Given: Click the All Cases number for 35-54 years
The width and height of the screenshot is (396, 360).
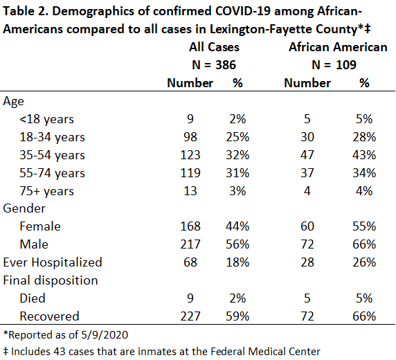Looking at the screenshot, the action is (190, 155).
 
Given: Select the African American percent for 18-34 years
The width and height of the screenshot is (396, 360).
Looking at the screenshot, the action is (364, 137).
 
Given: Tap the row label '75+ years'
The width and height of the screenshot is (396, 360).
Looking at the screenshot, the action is (46, 191).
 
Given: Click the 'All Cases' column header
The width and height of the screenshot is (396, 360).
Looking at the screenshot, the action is (214, 47).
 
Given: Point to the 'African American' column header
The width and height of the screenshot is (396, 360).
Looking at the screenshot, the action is (338, 47).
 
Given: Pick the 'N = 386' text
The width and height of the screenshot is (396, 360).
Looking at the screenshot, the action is (214, 65).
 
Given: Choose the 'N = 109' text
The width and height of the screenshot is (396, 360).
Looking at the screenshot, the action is (334, 65).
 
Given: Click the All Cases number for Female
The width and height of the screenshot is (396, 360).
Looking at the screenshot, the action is (190, 226).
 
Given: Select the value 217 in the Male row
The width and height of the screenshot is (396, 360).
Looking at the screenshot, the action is (190, 244).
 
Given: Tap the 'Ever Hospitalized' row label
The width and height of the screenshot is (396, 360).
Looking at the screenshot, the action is (53, 262).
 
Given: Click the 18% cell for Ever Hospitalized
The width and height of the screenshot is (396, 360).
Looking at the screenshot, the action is (237, 262).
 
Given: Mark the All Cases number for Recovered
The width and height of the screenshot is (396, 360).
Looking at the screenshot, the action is (190, 316).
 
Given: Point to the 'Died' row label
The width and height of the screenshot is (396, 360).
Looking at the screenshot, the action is (33, 298).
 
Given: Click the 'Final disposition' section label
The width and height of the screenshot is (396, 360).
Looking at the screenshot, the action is (51, 280).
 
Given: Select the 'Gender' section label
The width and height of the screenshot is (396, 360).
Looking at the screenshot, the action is (24, 208).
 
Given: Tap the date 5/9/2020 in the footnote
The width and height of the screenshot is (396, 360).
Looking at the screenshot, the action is (105, 335).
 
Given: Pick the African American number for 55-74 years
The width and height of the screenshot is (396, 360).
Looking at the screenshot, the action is (307, 173).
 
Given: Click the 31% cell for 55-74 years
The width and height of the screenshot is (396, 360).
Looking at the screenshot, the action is (237, 173).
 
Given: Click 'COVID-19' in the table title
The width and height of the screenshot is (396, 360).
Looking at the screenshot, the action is (243, 11).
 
